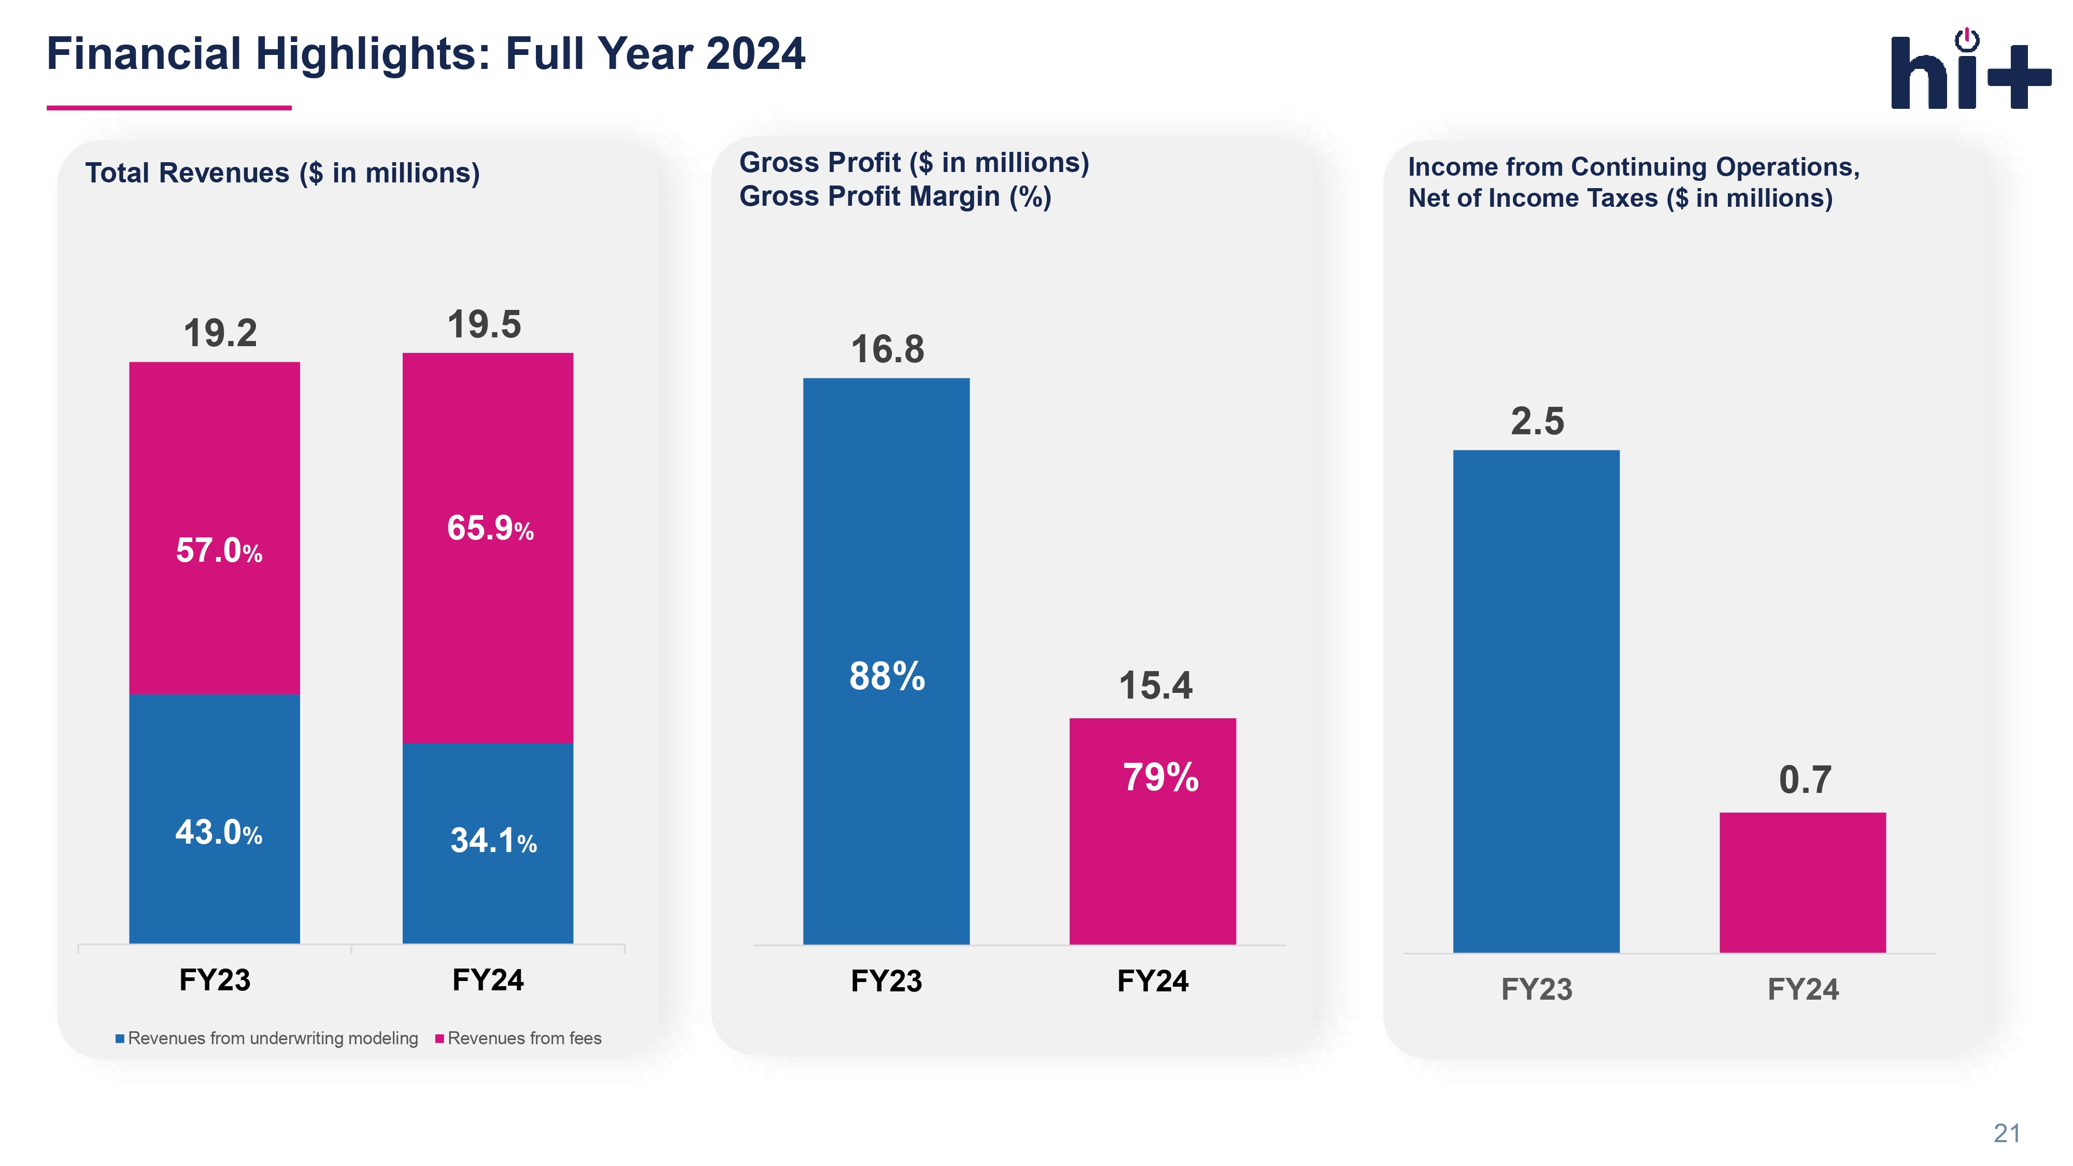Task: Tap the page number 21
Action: point(2007,1133)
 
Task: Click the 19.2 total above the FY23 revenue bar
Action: point(220,333)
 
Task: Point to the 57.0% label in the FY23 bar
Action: point(219,551)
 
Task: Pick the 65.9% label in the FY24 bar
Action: point(490,529)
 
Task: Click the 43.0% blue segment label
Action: point(219,833)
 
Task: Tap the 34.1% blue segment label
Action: point(492,841)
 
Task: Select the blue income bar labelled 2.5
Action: point(1536,700)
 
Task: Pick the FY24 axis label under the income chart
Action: point(1802,989)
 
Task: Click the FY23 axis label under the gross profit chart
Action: point(886,981)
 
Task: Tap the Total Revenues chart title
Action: point(282,173)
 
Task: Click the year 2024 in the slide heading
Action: point(755,54)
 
